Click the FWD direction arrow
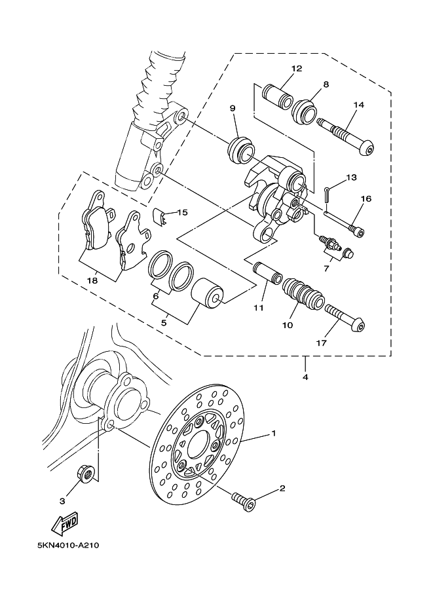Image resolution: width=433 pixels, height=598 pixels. tap(65, 523)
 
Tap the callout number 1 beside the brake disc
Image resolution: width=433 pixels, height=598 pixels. tap(274, 433)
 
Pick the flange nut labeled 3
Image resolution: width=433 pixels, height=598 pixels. tap(87, 474)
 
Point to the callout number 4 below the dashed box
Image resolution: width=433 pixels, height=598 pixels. tap(305, 377)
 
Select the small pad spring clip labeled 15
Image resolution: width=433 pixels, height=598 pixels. tap(161, 216)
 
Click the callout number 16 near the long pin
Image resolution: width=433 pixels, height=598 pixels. tap(366, 198)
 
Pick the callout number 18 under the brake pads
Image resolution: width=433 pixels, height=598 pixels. tap(92, 281)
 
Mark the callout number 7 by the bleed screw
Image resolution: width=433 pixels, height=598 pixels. tap(326, 269)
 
